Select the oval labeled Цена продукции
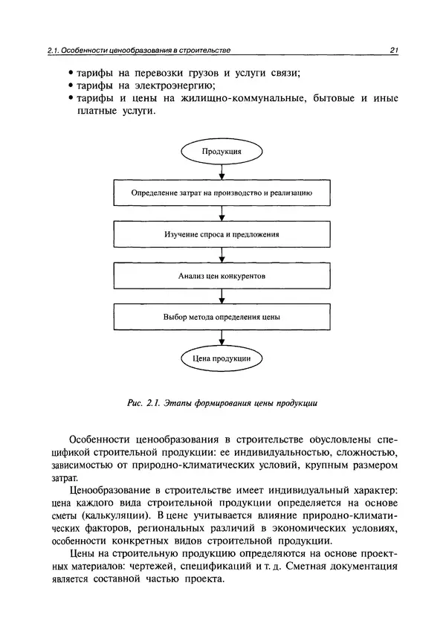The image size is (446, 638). (222, 358)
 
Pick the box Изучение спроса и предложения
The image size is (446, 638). (222, 234)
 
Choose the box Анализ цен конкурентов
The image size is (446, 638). (222, 275)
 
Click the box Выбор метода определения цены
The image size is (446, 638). (222, 317)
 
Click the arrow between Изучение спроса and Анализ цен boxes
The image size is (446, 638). (222, 254)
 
